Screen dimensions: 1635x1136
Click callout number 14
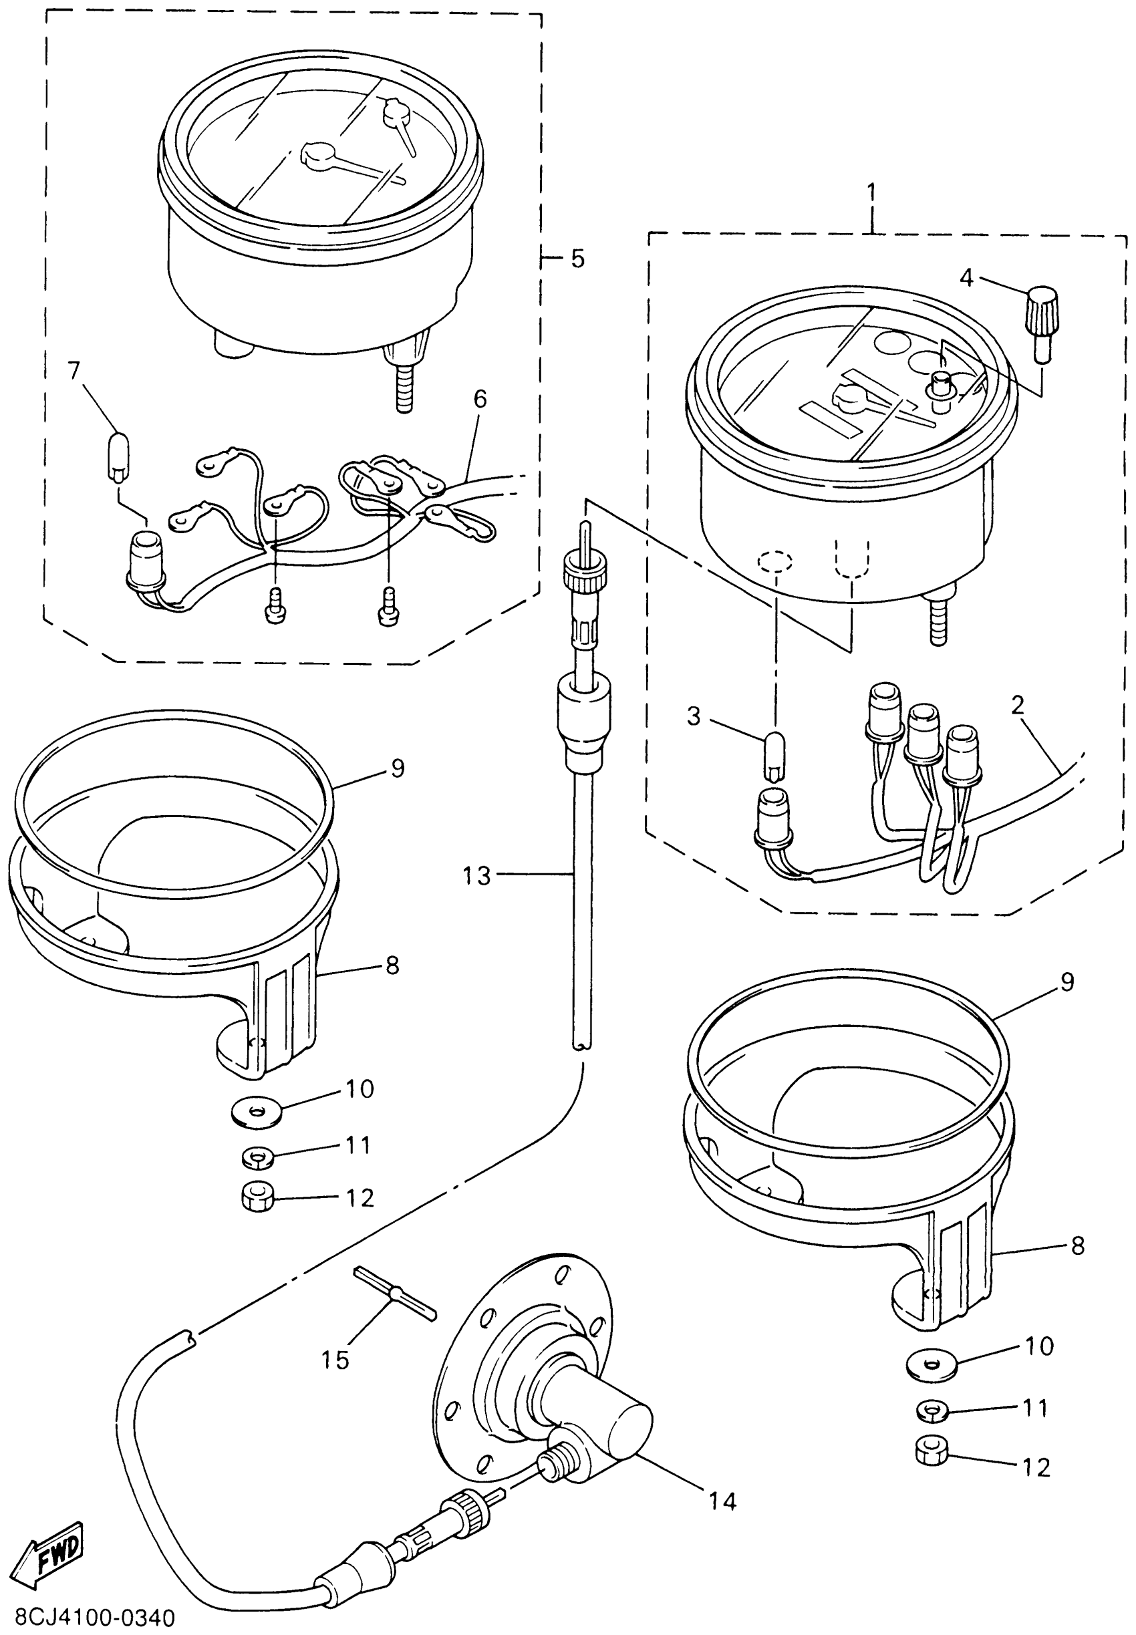tap(722, 1501)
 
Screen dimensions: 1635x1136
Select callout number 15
tap(335, 1360)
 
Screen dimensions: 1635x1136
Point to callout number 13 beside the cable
tap(476, 875)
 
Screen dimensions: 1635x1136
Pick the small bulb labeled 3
tap(774, 756)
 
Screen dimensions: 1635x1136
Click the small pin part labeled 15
tap(395, 1292)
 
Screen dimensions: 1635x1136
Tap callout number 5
tap(577, 259)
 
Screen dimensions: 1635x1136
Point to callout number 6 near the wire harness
tap(480, 399)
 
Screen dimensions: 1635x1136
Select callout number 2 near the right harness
tap(1018, 705)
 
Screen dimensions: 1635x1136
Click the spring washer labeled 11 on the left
tap(258, 1157)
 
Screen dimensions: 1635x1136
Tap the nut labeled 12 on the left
tap(258, 1199)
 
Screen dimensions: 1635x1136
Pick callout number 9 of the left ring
tap(397, 768)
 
